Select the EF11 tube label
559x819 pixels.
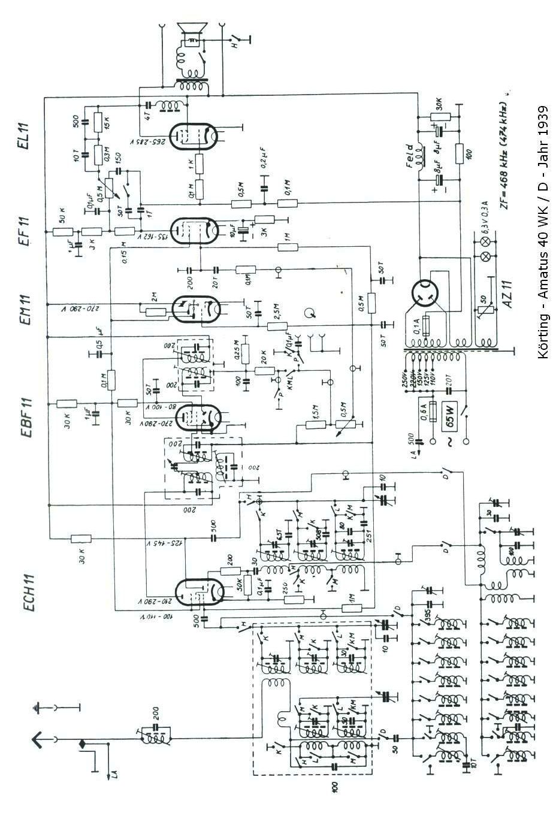(x=25, y=229)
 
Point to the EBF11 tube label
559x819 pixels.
(x=25, y=418)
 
